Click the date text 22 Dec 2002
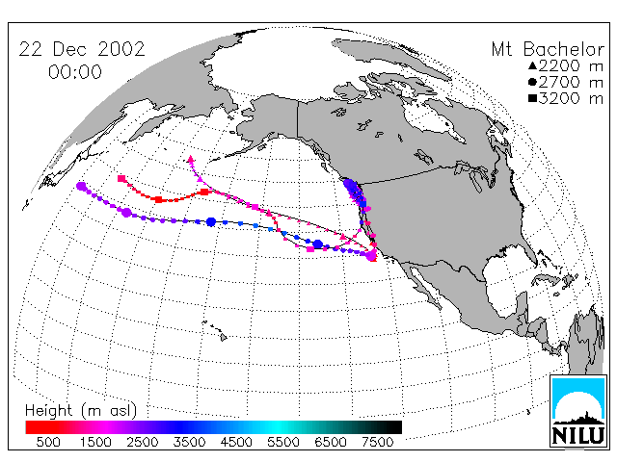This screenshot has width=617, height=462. click(x=82, y=49)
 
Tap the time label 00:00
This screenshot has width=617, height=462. click(x=75, y=72)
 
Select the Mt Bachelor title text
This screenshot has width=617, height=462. click(x=548, y=49)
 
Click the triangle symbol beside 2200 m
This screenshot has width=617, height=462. click(x=532, y=65)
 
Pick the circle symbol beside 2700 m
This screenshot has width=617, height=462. click(x=532, y=82)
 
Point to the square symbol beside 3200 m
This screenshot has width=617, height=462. click(x=532, y=98)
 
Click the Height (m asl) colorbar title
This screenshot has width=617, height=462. click(x=81, y=411)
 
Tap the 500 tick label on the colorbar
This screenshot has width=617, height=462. click(x=48, y=442)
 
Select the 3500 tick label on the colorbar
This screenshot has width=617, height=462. click(x=189, y=442)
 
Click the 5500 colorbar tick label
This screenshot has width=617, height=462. click(x=283, y=442)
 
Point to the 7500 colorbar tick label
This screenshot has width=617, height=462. click(x=377, y=442)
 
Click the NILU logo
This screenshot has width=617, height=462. click(x=578, y=411)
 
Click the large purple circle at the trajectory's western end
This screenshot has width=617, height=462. click(x=81, y=186)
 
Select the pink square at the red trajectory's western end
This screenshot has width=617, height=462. click(x=121, y=179)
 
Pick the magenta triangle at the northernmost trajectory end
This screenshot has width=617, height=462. click(x=191, y=159)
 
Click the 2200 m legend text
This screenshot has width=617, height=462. click(x=571, y=65)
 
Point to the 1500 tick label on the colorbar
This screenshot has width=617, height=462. click(x=95, y=442)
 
